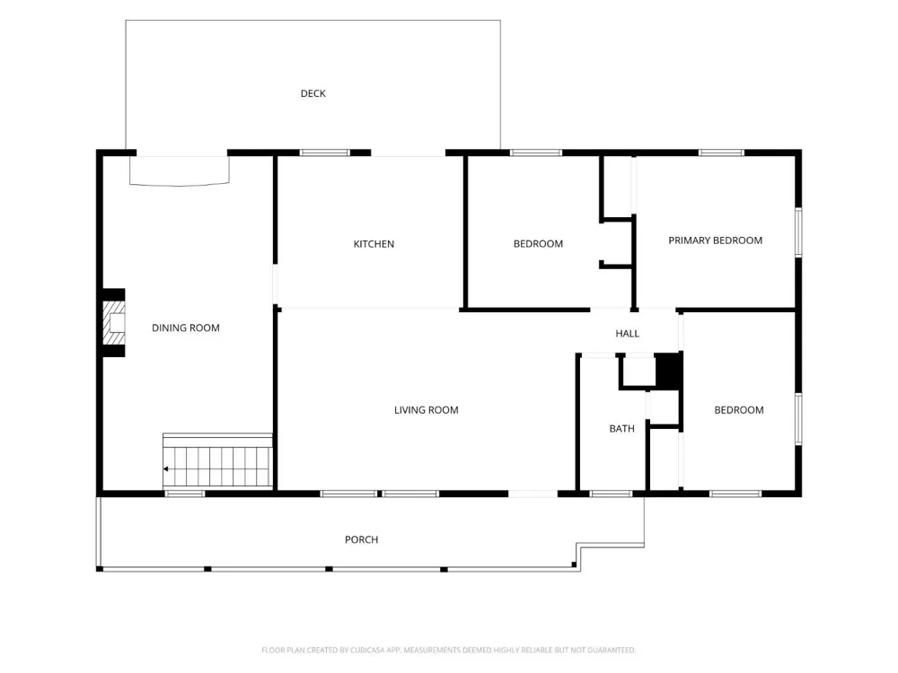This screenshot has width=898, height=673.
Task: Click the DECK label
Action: pyautogui.click(x=313, y=93)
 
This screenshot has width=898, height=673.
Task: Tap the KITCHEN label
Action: pyautogui.click(x=374, y=244)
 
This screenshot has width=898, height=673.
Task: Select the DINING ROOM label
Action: pyautogui.click(x=186, y=328)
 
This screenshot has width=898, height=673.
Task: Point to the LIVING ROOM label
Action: pyautogui.click(x=426, y=410)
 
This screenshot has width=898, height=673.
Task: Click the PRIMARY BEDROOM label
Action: pyautogui.click(x=716, y=240)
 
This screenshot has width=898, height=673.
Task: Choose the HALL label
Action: pyautogui.click(x=627, y=334)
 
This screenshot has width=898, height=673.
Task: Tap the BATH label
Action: pyautogui.click(x=622, y=429)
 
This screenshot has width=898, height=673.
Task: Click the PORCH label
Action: pyautogui.click(x=361, y=539)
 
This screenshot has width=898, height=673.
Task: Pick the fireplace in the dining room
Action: pyautogui.click(x=114, y=323)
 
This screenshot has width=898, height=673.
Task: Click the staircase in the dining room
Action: pyautogui.click(x=217, y=461)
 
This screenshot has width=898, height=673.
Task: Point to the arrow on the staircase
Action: pyautogui.click(x=165, y=469)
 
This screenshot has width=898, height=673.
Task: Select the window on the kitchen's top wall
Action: pyautogui.click(x=325, y=153)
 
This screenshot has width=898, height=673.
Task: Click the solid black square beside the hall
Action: pyautogui.click(x=668, y=371)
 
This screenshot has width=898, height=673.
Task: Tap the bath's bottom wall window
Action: pyautogui.click(x=611, y=494)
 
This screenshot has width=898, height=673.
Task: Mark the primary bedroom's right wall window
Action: pyautogui.click(x=798, y=232)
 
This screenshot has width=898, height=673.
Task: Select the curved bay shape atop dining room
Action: pyautogui.click(x=180, y=171)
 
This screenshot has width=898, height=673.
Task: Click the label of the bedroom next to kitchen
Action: pyautogui.click(x=538, y=244)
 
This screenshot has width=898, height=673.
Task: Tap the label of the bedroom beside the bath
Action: pyautogui.click(x=739, y=410)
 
